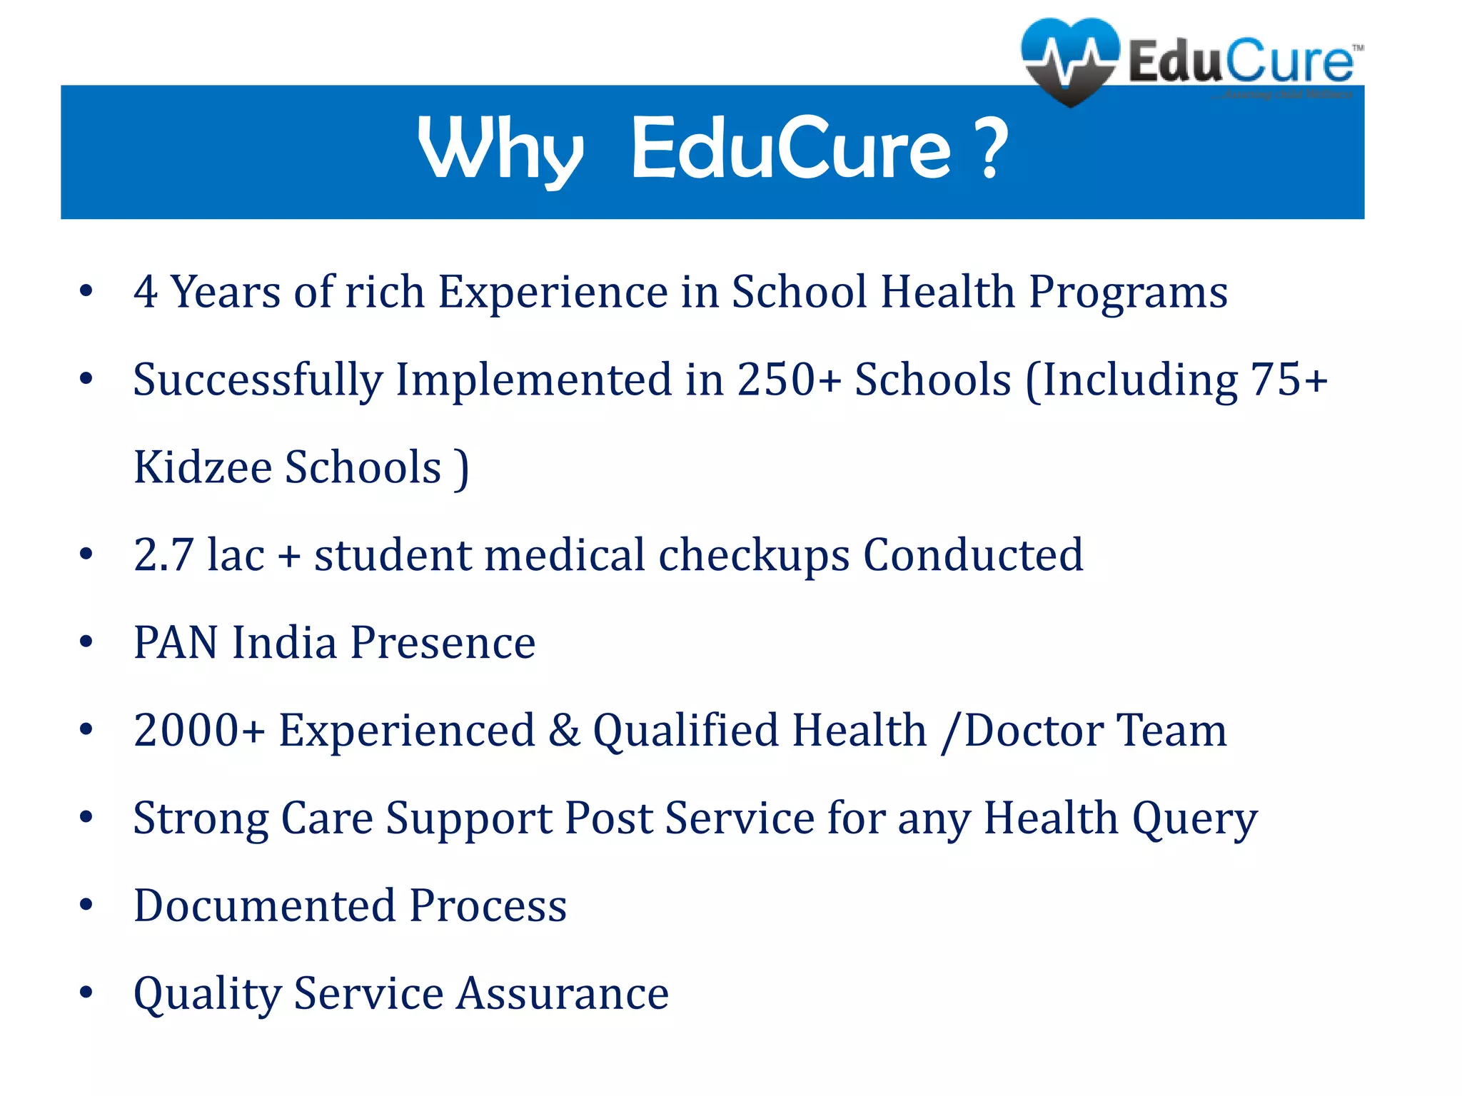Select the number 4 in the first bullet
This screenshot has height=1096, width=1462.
click(x=146, y=292)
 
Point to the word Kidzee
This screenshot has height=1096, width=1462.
click(x=203, y=467)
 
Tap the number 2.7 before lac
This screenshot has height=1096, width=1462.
click(x=163, y=554)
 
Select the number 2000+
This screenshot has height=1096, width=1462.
click(x=199, y=730)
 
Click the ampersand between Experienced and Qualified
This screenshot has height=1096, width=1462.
click(x=565, y=730)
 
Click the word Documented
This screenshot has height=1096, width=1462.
click(x=265, y=905)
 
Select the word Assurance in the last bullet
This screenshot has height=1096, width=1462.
click(x=563, y=993)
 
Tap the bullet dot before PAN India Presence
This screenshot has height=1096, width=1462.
click(x=86, y=642)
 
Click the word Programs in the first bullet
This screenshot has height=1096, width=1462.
click(x=1128, y=293)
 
